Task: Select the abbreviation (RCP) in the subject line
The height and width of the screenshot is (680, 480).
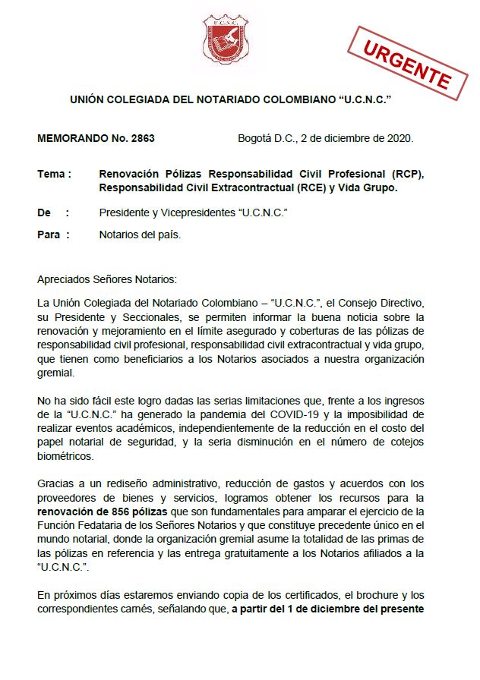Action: [x=406, y=174]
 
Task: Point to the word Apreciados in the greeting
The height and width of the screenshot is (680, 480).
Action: [x=65, y=279]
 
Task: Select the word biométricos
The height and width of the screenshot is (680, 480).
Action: [x=67, y=455]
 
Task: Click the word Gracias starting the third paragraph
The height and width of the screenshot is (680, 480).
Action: [x=56, y=483]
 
